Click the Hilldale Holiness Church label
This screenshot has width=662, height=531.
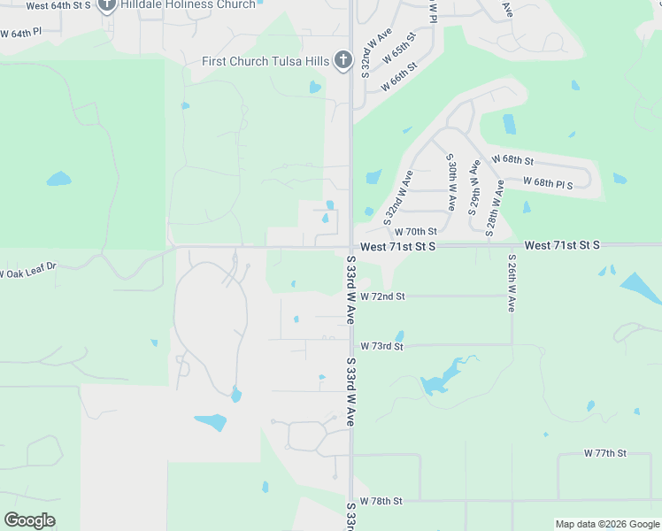(188, 4)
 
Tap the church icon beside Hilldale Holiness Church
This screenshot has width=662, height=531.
(107, 5)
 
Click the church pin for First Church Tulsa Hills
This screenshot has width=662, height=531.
(343, 60)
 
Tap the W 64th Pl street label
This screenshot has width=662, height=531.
(20, 32)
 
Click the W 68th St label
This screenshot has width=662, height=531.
(512, 160)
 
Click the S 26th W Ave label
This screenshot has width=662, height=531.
(512, 283)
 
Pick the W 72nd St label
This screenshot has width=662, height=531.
(382, 296)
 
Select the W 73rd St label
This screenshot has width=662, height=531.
(381, 346)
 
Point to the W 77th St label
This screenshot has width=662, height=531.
(604, 452)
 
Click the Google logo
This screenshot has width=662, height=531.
(29, 520)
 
